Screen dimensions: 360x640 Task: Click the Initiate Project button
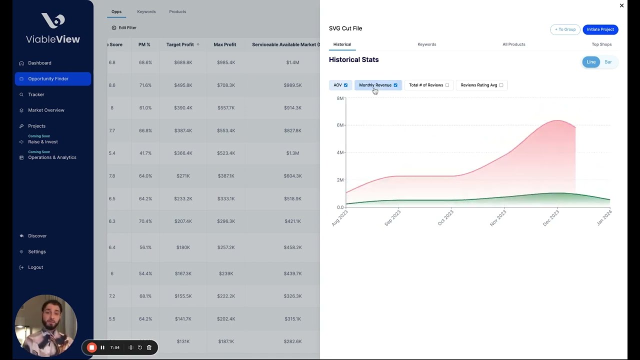click(600, 29)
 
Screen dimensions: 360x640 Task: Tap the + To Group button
click(565, 29)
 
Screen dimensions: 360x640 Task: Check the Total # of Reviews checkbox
click(447, 85)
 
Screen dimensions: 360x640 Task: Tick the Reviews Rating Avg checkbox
click(501, 85)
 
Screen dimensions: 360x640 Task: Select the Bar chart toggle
click(608, 62)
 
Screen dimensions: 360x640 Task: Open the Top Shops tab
click(601, 44)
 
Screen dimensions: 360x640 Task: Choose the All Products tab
click(513, 44)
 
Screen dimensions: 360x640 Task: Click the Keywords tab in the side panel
click(426, 44)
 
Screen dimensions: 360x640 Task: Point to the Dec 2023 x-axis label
click(551, 218)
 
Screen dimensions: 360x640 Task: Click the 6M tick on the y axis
click(340, 125)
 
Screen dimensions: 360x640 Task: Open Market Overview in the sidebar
click(46, 110)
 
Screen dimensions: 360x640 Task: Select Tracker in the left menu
click(36, 94)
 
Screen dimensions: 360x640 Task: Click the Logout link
click(35, 267)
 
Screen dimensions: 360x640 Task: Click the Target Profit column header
click(180, 44)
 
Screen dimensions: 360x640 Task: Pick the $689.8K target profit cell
click(183, 62)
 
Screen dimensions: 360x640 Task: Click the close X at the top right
click(621, 5)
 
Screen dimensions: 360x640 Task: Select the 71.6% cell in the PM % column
click(145, 85)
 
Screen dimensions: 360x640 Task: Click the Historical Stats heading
click(353, 59)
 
